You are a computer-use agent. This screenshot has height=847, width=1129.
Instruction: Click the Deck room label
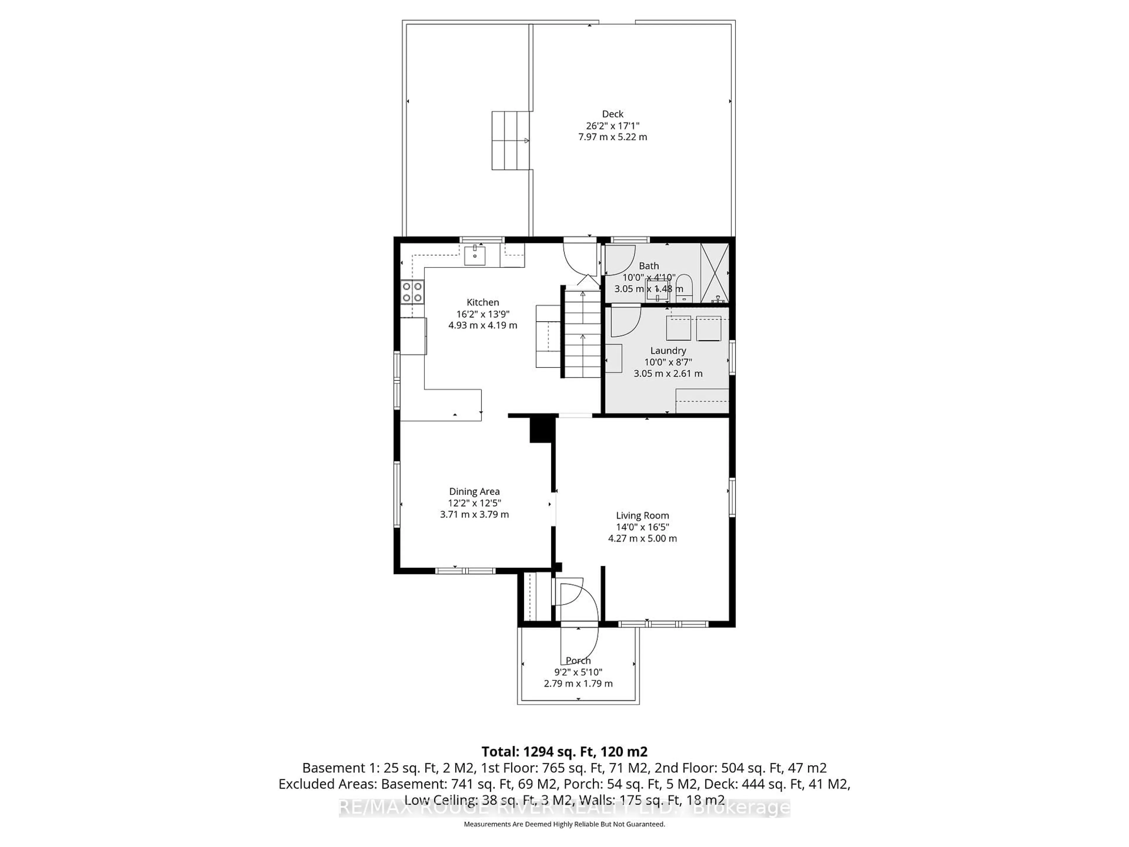(x=612, y=114)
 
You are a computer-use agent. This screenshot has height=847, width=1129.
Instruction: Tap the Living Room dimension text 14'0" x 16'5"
(x=642, y=527)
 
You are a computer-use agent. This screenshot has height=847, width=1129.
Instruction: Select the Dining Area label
(x=474, y=491)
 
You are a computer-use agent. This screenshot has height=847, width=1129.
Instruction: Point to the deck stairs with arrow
(x=510, y=140)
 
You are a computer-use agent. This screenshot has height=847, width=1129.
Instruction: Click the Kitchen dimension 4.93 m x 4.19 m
(x=482, y=325)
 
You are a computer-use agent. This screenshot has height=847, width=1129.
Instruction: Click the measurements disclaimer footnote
(x=564, y=824)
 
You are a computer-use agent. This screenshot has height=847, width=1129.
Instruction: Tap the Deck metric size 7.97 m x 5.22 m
(x=612, y=137)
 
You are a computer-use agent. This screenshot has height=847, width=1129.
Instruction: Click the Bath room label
(x=649, y=266)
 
